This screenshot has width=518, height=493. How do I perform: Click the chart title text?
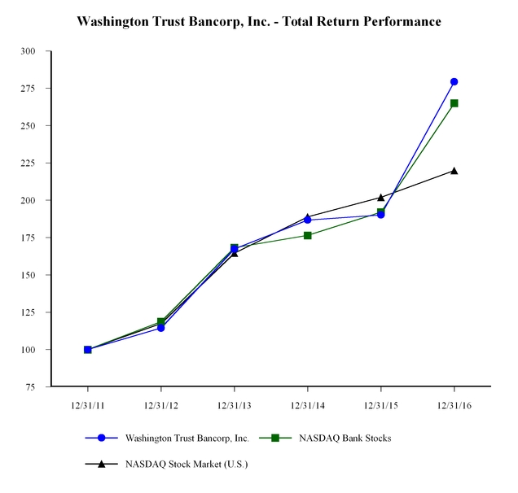click(x=259, y=21)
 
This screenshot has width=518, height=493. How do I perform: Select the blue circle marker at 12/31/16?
click(x=454, y=81)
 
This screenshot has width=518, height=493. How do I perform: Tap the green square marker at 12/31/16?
click(x=454, y=103)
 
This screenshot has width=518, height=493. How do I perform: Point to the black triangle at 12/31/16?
click(x=454, y=171)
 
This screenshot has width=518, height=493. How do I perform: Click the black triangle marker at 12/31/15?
click(x=380, y=197)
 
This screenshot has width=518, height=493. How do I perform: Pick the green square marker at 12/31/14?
click(x=307, y=235)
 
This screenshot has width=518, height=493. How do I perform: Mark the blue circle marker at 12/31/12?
click(x=160, y=328)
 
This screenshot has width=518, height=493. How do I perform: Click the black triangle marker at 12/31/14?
click(x=307, y=217)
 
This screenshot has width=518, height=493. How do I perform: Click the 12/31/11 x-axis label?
click(x=87, y=405)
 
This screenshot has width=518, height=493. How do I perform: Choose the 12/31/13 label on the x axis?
click(x=234, y=405)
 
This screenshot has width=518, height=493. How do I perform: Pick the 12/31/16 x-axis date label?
click(x=454, y=405)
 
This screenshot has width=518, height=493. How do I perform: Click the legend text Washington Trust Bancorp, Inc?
click(x=186, y=438)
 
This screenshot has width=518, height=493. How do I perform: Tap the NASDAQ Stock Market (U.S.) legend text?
click(x=186, y=464)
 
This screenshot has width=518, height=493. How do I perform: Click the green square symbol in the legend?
click(x=274, y=438)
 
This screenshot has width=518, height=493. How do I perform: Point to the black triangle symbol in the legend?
click(x=102, y=464)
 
